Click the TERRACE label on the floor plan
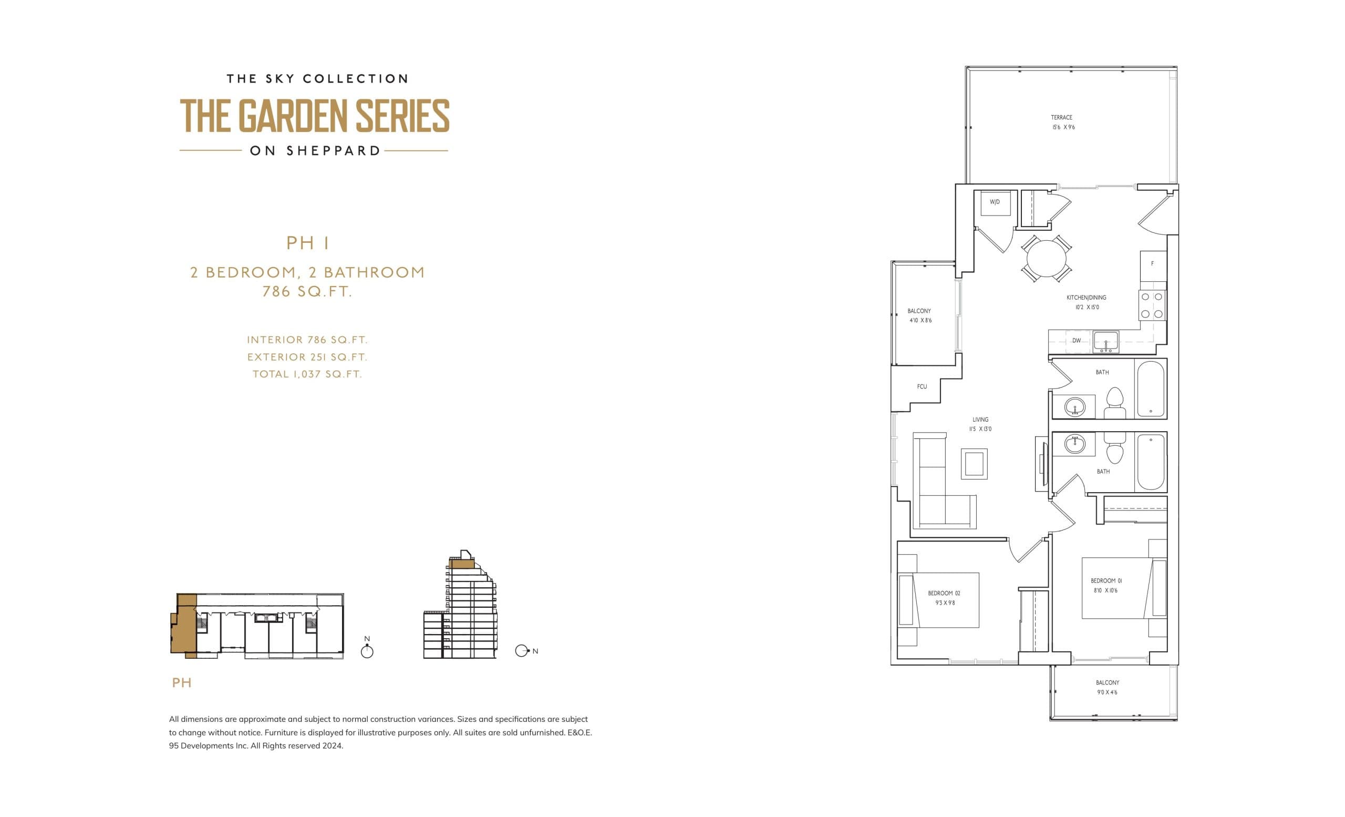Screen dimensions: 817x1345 (1061, 117)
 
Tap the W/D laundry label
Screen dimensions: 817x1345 (995, 202)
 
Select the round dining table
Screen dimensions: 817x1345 (1046, 259)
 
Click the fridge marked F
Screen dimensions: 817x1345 (1152, 264)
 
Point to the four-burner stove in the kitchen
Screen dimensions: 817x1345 (1152, 305)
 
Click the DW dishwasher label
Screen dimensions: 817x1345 (1076, 341)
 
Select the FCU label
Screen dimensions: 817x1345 (922, 386)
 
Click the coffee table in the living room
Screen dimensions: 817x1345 (974, 464)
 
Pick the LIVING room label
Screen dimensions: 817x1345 (980, 420)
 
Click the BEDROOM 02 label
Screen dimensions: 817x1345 (944, 593)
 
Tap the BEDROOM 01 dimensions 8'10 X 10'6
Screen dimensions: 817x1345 (1105, 590)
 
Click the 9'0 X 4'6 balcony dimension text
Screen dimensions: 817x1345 (1107, 692)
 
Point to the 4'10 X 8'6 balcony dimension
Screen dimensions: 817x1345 (920, 321)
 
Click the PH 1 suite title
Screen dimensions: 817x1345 (308, 243)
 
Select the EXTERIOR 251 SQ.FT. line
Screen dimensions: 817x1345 (307, 357)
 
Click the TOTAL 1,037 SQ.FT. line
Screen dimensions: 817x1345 (307, 374)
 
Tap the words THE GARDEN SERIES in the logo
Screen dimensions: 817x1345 (314, 116)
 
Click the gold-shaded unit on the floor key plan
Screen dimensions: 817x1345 (184, 628)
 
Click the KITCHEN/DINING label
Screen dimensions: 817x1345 (1087, 298)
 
